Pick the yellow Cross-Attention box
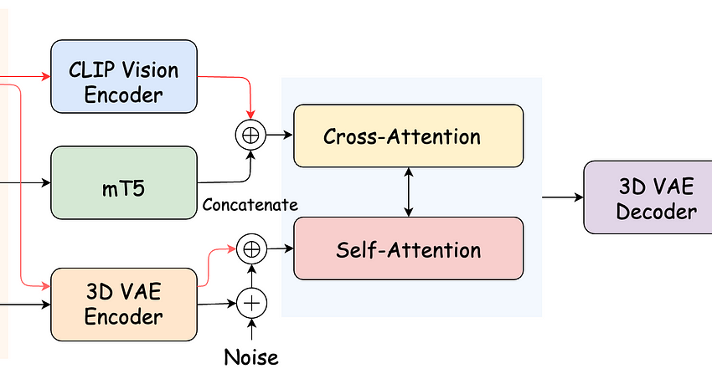[x=408, y=136]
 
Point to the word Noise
[x=251, y=358]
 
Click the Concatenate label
[x=250, y=205]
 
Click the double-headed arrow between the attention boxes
[x=408, y=192]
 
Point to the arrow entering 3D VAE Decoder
[x=562, y=197]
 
